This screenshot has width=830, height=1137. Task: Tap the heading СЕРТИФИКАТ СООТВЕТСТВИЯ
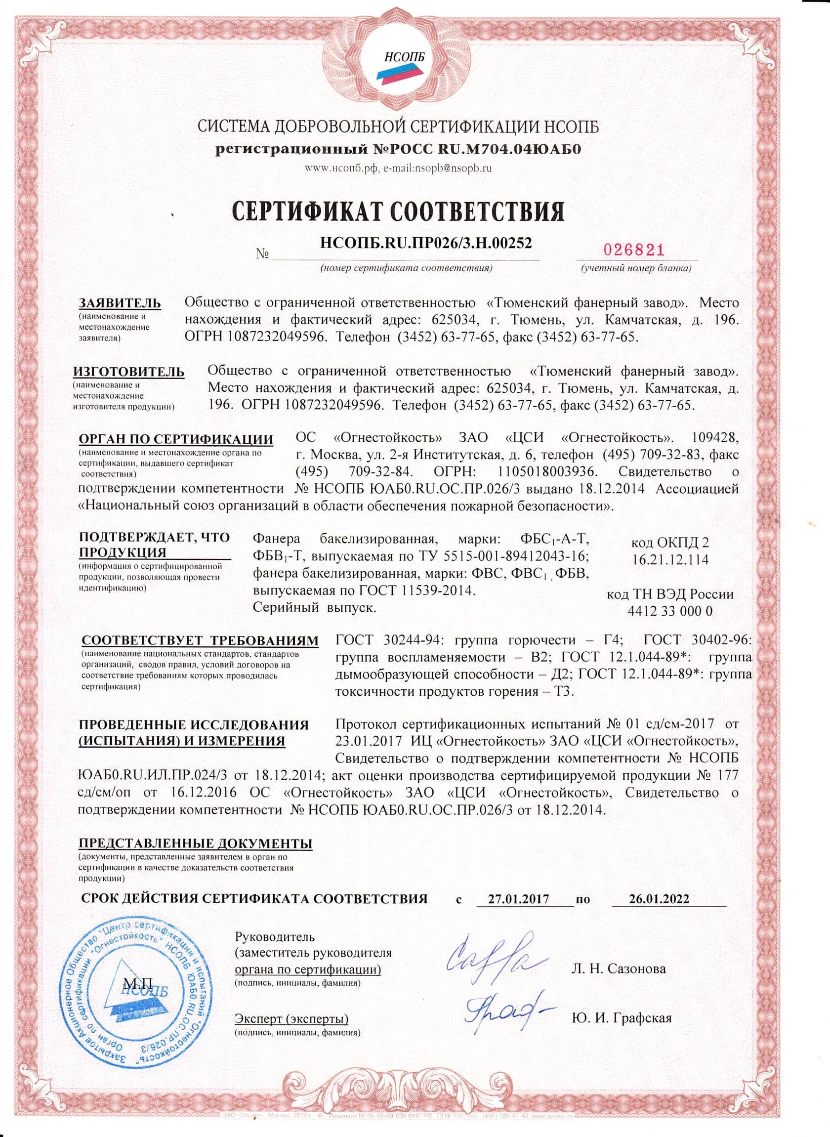coord(398,211)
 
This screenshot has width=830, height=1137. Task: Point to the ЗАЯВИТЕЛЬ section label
coord(120,303)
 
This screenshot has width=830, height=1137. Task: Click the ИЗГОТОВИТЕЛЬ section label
coord(129,372)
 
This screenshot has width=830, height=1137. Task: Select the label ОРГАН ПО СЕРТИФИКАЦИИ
coord(176,439)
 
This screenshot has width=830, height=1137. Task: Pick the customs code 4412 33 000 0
coord(670,611)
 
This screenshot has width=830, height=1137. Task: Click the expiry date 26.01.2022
coord(659,899)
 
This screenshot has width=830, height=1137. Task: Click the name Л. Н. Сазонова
coord(619,968)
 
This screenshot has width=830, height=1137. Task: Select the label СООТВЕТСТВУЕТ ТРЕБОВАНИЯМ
coord(200,640)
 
